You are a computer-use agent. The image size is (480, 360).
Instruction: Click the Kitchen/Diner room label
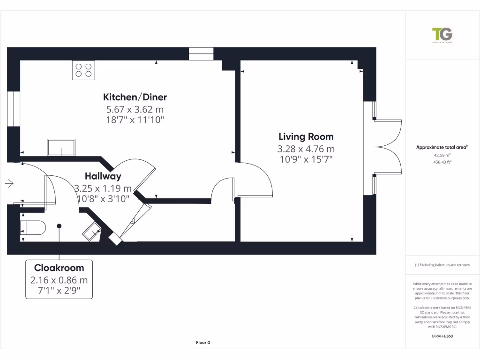point(135,97)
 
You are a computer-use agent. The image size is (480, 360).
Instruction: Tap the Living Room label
point(306,137)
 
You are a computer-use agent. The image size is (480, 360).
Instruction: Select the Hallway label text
point(103,177)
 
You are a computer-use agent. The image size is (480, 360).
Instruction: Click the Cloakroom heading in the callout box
point(59,268)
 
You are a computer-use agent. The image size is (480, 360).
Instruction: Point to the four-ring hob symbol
point(83,70)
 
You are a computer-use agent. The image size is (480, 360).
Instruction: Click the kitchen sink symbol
point(60,148)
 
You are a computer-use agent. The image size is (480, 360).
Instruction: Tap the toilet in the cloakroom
point(34,227)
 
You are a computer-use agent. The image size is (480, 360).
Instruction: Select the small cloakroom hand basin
point(92,232)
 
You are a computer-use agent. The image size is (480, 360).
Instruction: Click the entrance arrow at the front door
point(9,183)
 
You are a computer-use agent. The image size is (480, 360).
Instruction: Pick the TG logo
point(442,35)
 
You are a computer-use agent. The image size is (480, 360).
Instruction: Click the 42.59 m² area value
point(442,155)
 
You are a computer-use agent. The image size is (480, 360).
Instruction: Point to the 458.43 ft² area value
point(442,162)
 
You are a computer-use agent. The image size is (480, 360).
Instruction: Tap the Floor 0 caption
point(203,343)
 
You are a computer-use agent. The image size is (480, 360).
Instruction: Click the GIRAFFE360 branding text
point(442,336)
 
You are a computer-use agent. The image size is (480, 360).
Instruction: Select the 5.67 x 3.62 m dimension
point(135,110)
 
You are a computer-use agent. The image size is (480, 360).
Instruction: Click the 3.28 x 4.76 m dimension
point(306,149)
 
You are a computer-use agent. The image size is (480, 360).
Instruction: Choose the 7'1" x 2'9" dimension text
point(59,290)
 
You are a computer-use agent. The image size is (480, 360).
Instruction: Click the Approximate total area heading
point(442,147)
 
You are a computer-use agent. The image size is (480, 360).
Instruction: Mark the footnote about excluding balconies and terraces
point(442,265)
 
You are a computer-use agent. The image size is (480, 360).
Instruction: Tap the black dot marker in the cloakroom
point(59,226)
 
